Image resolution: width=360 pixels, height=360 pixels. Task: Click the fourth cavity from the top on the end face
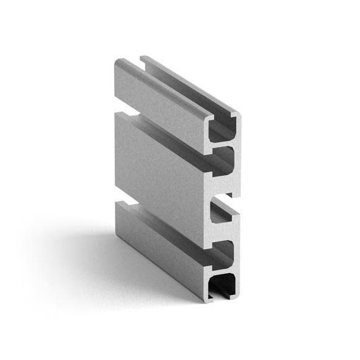222,251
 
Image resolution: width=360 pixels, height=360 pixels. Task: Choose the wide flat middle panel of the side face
161,161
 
